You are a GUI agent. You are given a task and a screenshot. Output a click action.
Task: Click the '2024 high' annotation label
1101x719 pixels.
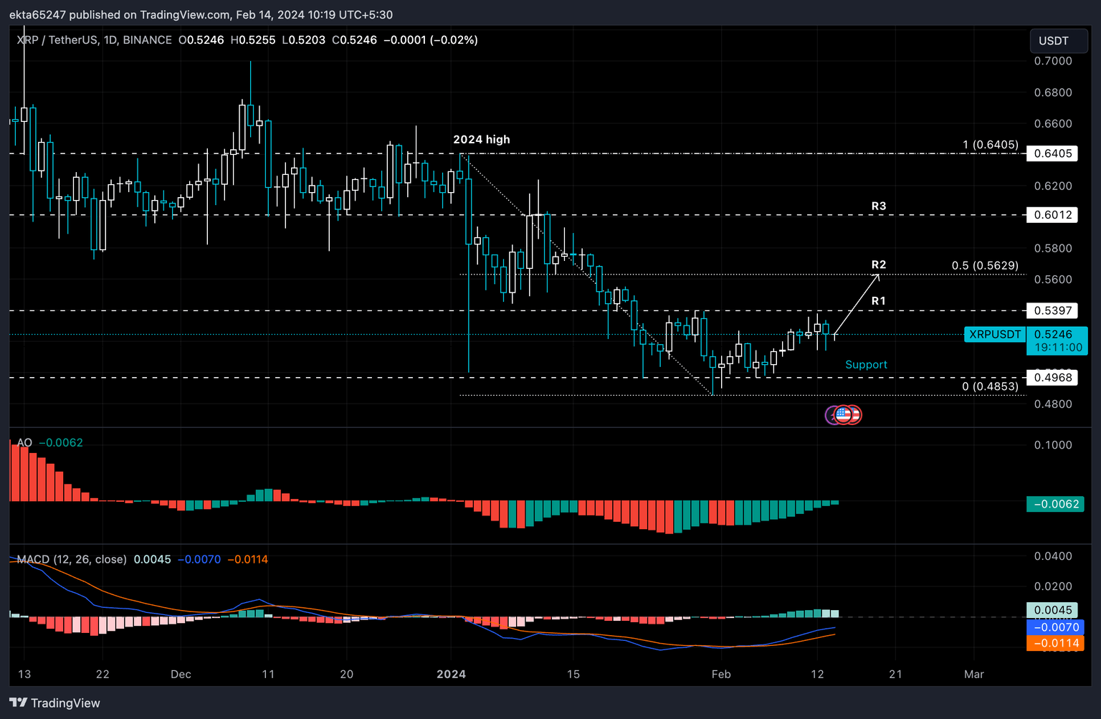pyautogui.click(x=481, y=139)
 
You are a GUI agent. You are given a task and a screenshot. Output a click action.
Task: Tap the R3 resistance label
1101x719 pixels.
pyautogui.click(x=878, y=206)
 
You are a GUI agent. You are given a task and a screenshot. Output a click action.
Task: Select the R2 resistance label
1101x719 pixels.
pyautogui.click(x=878, y=265)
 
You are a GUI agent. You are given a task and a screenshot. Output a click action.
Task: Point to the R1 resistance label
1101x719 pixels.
pyautogui.click(x=878, y=300)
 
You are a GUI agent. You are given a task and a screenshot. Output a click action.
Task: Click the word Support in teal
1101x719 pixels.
pyautogui.click(x=866, y=364)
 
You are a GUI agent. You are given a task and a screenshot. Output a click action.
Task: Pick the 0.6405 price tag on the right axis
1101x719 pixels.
pyautogui.click(x=1052, y=153)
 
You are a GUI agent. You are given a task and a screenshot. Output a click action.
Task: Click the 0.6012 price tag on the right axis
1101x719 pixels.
pyautogui.click(x=1052, y=215)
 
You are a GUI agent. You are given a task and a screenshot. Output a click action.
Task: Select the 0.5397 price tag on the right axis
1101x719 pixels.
pyautogui.click(x=1052, y=310)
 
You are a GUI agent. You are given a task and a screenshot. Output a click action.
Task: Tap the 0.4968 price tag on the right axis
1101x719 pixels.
pyautogui.click(x=1052, y=378)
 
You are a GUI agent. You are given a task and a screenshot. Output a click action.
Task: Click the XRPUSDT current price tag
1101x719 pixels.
pyautogui.click(x=994, y=334)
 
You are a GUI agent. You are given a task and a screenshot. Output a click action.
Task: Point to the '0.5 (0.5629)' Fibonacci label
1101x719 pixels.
pyautogui.click(x=984, y=265)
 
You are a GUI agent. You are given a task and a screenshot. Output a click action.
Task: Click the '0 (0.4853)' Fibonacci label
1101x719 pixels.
pyautogui.click(x=989, y=386)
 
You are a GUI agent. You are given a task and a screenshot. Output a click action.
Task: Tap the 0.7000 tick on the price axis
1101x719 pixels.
pyautogui.click(x=1052, y=61)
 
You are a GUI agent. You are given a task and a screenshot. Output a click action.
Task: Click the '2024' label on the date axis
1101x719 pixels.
pyautogui.click(x=451, y=674)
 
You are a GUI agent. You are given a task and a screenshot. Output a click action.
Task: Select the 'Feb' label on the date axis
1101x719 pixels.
pyautogui.click(x=720, y=674)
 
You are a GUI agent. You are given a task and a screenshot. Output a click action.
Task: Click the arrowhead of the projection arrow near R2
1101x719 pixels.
pyautogui.click(x=877, y=275)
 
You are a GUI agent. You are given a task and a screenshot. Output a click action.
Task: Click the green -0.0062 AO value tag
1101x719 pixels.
pyautogui.click(x=1055, y=504)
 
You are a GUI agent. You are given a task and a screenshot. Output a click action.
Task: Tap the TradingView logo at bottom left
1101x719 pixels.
pyautogui.click(x=55, y=703)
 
